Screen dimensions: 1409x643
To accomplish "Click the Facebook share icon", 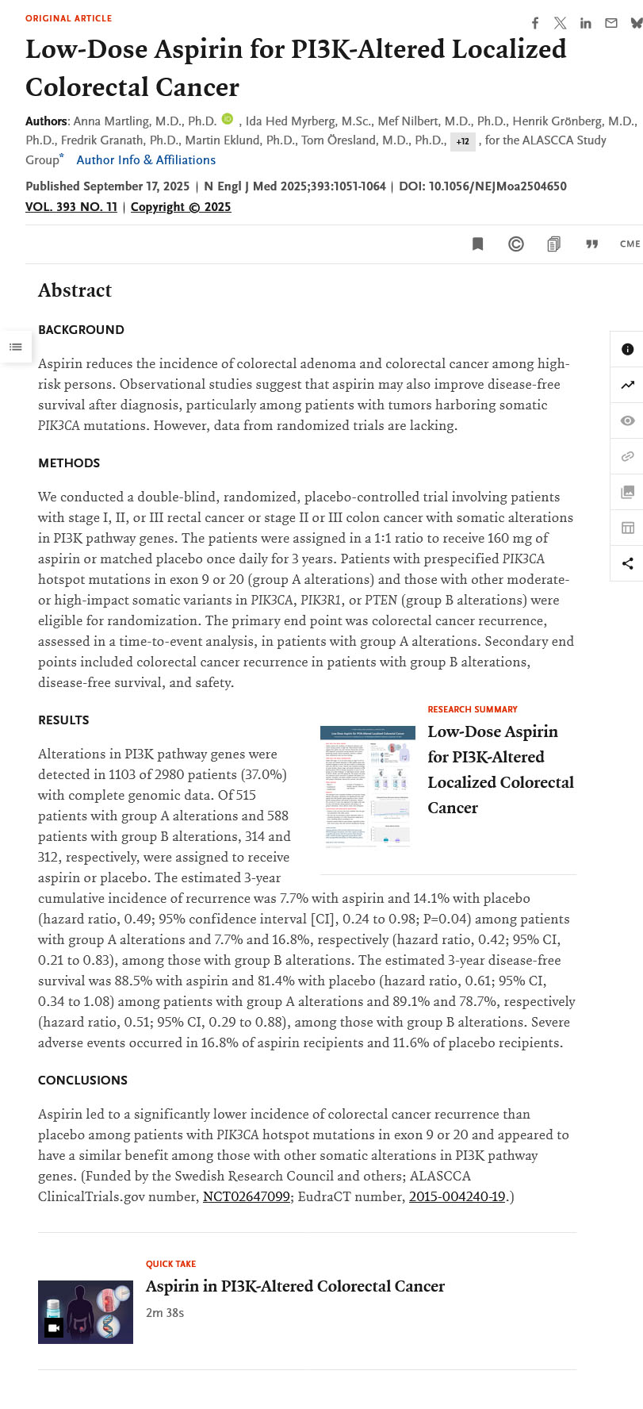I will [x=535, y=24].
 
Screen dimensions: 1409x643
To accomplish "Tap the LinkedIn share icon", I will [x=585, y=24].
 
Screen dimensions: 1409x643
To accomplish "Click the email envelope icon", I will [x=610, y=24].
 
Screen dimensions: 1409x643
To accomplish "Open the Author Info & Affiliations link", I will [x=146, y=160].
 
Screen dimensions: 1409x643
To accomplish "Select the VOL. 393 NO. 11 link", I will [x=71, y=207].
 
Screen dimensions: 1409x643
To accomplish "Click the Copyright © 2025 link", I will [x=181, y=207].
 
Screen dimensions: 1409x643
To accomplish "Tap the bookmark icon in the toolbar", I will [x=477, y=244].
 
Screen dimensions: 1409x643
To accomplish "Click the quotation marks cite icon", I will [x=591, y=244].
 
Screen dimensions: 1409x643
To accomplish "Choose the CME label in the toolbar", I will [x=630, y=244].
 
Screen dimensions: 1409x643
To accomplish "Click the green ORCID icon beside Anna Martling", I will [x=228, y=119].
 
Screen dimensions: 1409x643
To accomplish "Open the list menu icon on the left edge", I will [x=16, y=347].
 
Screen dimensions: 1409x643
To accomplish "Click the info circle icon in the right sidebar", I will [x=627, y=350].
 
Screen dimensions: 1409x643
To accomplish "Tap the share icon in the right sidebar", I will [x=627, y=563].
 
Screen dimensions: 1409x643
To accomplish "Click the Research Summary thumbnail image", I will [x=367, y=786].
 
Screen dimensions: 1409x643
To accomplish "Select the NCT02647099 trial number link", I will [x=247, y=1196].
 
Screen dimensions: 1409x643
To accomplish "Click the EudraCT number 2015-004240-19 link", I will [x=457, y=1196].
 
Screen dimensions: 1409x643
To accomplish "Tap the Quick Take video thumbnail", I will [x=86, y=1311].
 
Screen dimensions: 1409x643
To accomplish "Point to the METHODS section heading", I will [x=69, y=463].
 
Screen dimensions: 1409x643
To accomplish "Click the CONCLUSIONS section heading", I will [x=82, y=1081].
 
